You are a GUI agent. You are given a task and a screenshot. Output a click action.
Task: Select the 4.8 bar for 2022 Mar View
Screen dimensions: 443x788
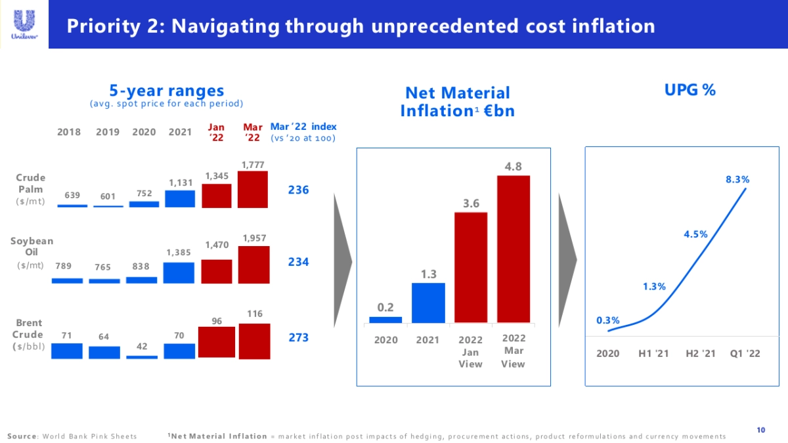pyautogui.click(x=513, y=249)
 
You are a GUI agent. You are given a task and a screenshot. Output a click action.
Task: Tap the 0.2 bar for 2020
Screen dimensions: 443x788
pyautogui.click(x=385, y=320)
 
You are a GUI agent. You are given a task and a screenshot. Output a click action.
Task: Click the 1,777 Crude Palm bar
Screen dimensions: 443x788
pyautogui.click(x=253, y=190)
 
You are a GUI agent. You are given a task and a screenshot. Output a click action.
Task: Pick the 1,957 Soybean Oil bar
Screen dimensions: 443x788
pyautogui.click(x=253, y=265)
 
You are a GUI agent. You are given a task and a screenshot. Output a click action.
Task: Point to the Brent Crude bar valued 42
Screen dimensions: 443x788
pyautogui.click(x=142, y=357)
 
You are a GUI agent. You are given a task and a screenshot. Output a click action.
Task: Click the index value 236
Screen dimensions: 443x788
pyautogui.click(x=299, y=190)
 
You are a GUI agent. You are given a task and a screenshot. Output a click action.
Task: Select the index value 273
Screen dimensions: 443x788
pyautogui.click(x=299, y=337)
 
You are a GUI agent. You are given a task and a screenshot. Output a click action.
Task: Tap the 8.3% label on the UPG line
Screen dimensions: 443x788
pyautogui.click(x=737, y=179)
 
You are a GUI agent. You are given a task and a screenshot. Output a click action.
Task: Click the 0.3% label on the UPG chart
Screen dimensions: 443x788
pyautogui.click(x=608, y=320)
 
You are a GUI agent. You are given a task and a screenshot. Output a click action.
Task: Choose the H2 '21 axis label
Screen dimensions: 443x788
pyautogui.click(x=701, y=354)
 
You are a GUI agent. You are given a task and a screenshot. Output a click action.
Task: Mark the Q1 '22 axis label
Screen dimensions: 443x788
pyautogui.click(x=745, y=354)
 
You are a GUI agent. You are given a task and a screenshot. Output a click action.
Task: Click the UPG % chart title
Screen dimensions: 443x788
pyautogui.click(x=689, y=91)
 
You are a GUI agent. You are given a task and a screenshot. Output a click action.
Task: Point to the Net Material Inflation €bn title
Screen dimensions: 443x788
pyautogui.click(x=458, y=102)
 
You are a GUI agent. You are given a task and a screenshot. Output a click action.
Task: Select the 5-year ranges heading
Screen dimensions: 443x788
pyautogui.click(x=166, y=91)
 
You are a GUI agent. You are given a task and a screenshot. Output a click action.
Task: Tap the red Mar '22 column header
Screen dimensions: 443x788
pyautogui.click(x=253, y=132)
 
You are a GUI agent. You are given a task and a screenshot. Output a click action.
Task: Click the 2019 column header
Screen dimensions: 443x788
pyautogui.click(x=108, y=132)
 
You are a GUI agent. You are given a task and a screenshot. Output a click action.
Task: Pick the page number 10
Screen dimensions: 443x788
pyautogui.click(x=760, y=430)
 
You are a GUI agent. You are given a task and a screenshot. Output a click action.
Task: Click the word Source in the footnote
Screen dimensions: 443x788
pyautogui.click(x=22, y=436)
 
